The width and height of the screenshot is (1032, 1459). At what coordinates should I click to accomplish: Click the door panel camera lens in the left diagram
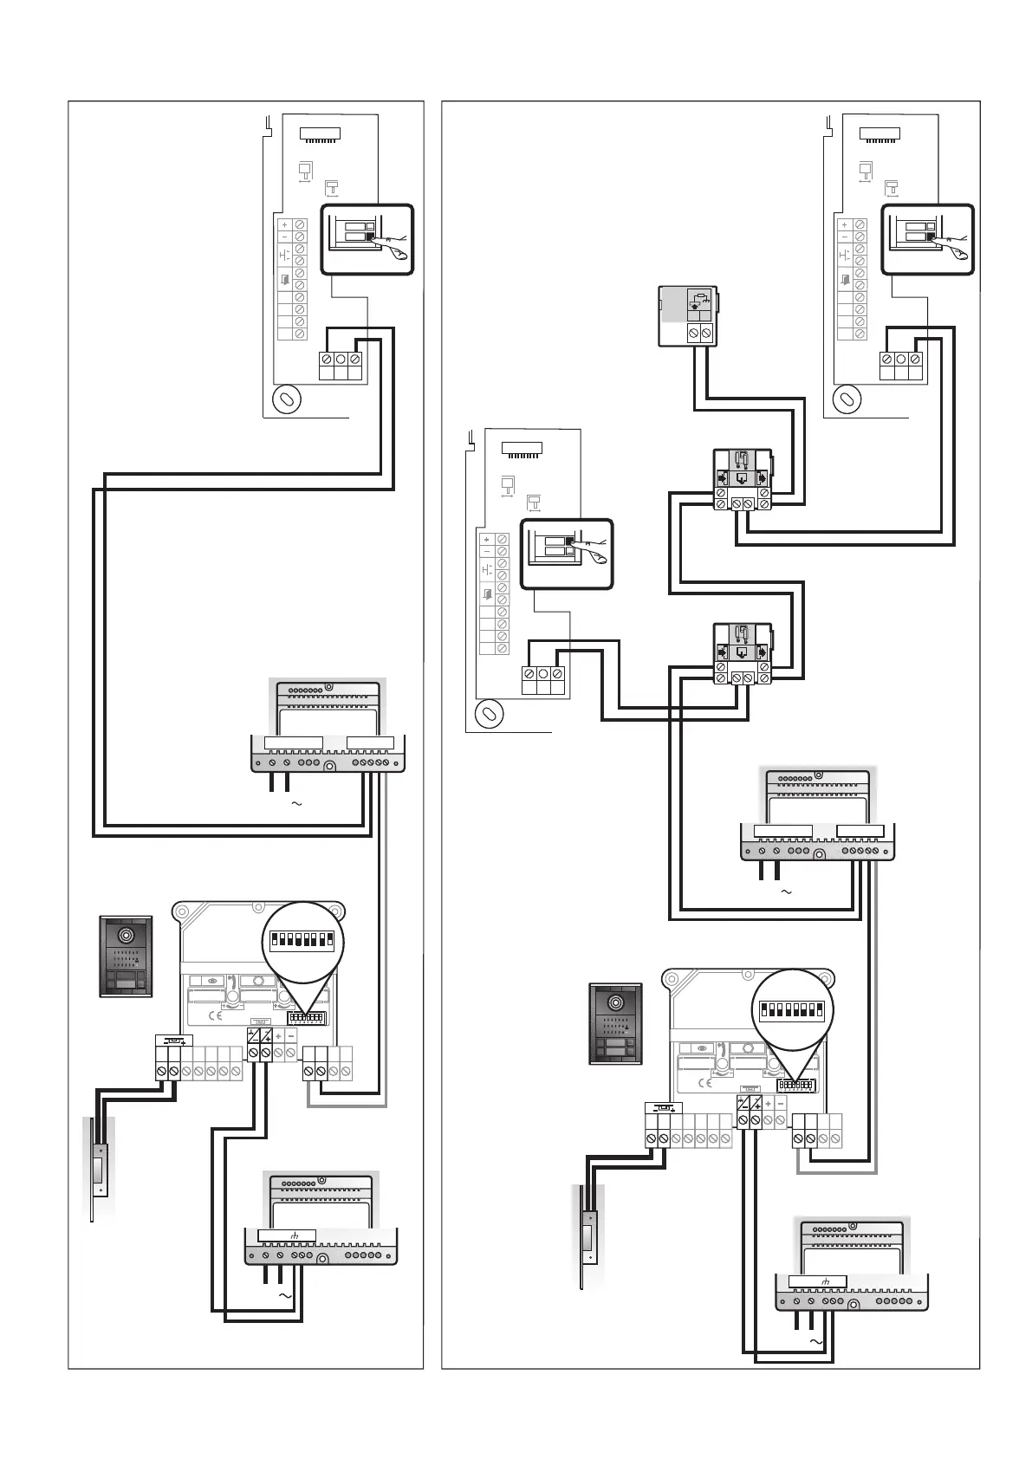point(127,937)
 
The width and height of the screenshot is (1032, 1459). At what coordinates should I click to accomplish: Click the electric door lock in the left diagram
point(101,1170)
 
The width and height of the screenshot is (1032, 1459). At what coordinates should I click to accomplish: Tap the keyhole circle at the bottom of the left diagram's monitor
point(286,399)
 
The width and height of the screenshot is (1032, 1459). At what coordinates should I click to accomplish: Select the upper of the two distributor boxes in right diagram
point(741,479)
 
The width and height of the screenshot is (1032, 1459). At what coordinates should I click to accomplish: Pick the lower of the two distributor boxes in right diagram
point(741,653)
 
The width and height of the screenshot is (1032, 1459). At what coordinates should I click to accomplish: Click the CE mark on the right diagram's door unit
point(705,1082)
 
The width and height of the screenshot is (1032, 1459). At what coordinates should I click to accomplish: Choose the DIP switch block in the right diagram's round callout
point(791,1010)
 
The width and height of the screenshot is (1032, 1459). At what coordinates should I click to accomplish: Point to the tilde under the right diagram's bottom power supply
point(815,1341)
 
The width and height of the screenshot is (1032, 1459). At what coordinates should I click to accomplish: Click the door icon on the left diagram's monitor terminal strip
point(284,280)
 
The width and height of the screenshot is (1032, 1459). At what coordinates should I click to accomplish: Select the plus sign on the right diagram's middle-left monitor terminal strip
point(486,540)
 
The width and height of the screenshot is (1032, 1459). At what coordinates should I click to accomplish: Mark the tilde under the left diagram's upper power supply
point(296,804)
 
